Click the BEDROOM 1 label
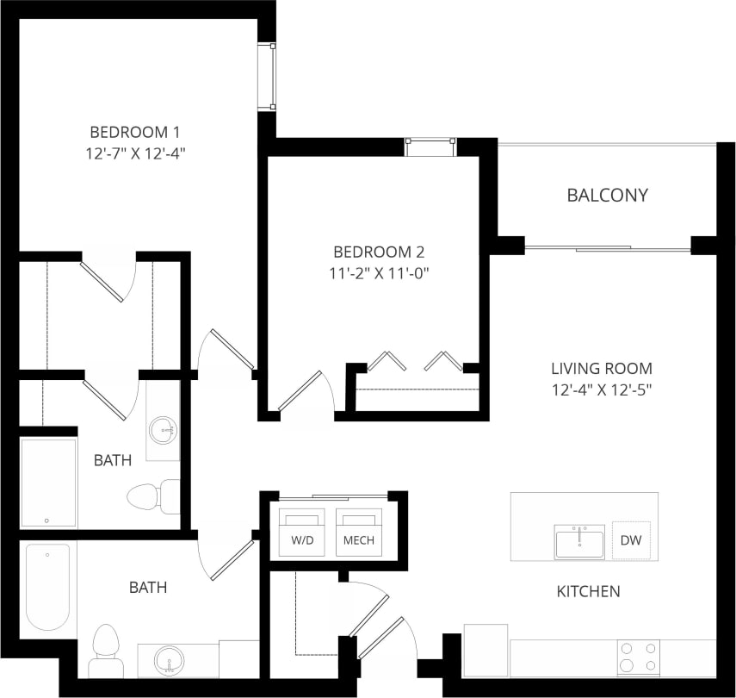(134, 132)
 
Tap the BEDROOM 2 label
(379, 252)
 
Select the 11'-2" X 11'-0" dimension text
(379, 274)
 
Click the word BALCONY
(607, 196)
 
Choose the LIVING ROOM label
(602, 368)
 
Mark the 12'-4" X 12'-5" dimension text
(602, 390)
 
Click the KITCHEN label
(588, 592)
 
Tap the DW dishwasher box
(631, 540)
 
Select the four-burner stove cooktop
(638, 657)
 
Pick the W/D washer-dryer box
(300, 533)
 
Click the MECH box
(358, 533)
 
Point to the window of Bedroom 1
(268, 76)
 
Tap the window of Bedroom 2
(430, 146)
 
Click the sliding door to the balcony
(607, 249)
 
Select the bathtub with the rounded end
(47, 587)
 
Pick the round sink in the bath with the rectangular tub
(163, 429)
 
